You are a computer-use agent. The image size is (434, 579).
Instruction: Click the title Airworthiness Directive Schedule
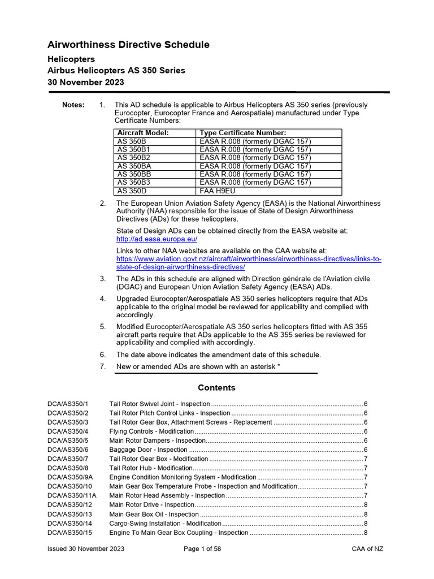click(128, 45)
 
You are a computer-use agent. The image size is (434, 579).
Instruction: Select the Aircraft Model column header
click(143, 133)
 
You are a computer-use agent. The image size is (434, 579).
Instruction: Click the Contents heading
click(216, 388)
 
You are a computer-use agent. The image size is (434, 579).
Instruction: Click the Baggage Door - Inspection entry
click(141, 450)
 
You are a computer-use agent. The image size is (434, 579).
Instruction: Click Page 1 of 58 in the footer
click(202, 549)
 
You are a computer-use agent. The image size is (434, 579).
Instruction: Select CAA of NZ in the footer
click(367, 549)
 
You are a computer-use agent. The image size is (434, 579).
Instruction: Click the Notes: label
click(73, 105)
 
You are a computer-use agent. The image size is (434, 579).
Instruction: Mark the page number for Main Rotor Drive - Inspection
click(366, 505)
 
